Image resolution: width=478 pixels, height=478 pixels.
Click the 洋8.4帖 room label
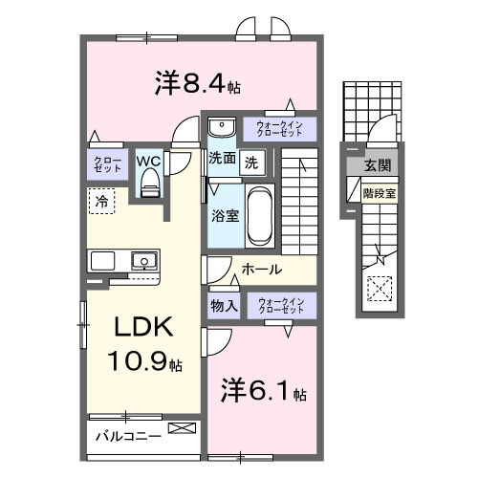point(197,84)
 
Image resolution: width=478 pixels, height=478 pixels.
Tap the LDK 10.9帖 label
point(143,344)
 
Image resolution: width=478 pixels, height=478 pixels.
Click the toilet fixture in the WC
point(148,186)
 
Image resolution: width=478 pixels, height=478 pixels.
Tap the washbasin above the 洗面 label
point(220,127)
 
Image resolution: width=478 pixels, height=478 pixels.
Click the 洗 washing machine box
point(250,162)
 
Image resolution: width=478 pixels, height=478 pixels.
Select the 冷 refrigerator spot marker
point(99,201)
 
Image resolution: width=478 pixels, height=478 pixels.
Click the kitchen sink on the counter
point(143,259)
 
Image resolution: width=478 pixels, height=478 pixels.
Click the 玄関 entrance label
point(373,165)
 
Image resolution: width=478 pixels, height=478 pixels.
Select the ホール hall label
point(261,270)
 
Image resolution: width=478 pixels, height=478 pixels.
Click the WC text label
point(148,161)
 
